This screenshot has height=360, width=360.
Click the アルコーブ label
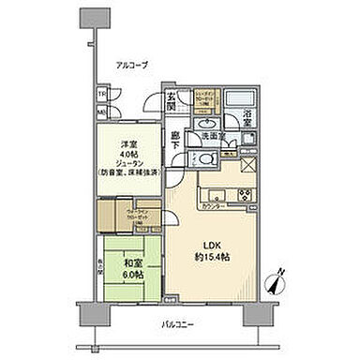pyautogui.click(x=129, y=66)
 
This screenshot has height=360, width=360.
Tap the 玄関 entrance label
pyautogui.click(x=172, y=97)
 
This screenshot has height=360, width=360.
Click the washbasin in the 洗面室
pyautogui.click(x=207, y=120)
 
